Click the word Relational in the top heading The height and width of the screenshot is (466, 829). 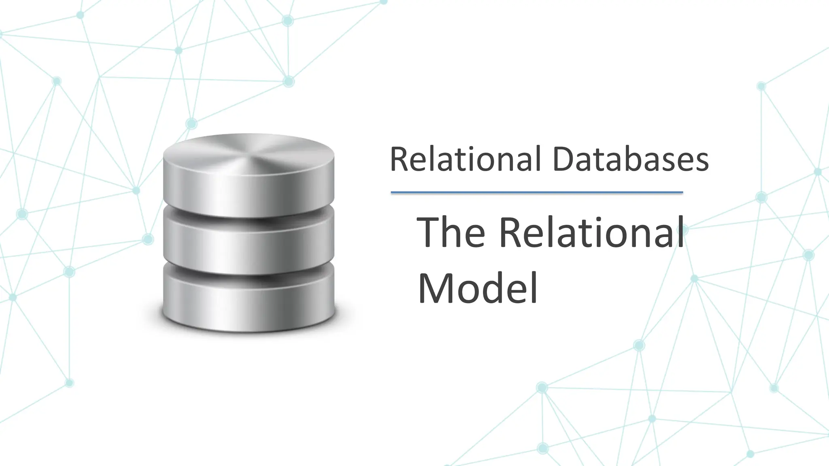(465, 159)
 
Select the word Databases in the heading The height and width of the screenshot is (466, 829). (630, 159)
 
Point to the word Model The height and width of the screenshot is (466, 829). (478, 288)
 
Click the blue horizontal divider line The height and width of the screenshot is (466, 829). (537, 193)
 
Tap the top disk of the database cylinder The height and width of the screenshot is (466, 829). (249, 178)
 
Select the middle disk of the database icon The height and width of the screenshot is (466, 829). (249, 243)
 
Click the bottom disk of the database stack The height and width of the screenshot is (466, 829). (249, 299)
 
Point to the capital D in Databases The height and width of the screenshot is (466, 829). (564, 159)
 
